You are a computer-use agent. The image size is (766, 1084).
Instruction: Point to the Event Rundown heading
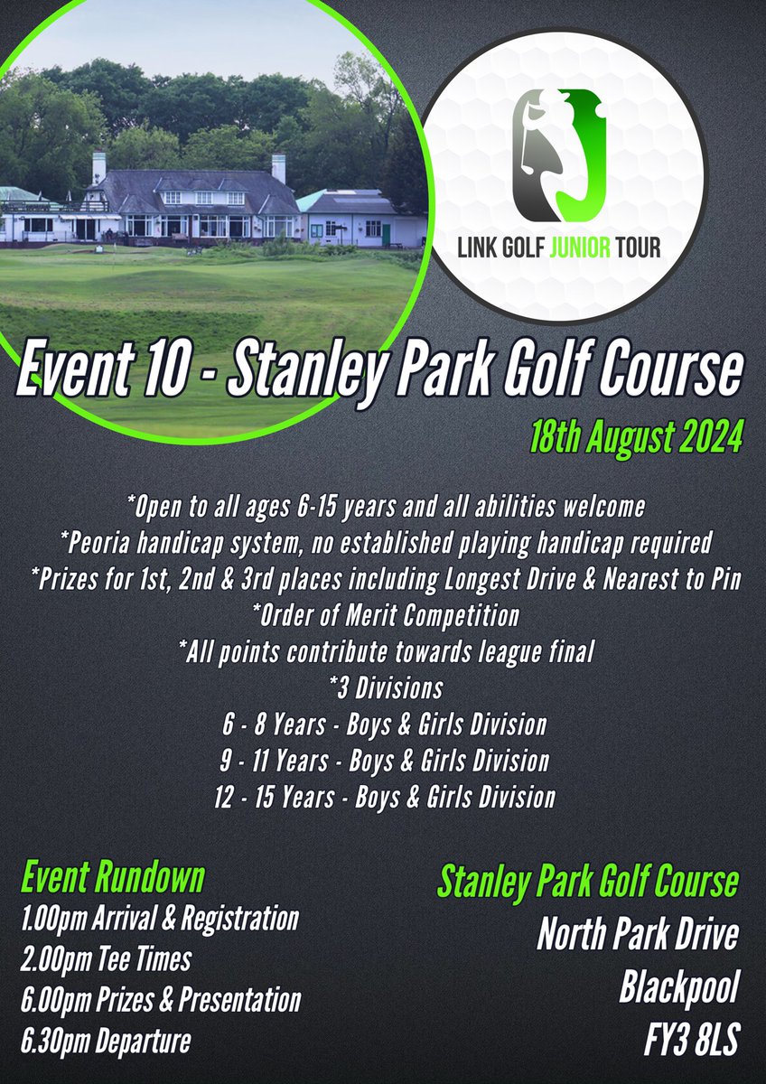112,877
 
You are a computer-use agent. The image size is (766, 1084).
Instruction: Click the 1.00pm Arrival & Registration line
159,920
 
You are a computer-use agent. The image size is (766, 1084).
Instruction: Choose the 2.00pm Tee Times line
105,959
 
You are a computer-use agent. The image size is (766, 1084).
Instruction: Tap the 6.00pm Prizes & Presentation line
160,1000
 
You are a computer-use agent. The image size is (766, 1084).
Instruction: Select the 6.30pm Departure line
105,1041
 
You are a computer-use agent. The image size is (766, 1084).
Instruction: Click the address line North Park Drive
637,935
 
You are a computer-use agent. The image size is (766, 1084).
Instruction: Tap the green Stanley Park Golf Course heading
588,882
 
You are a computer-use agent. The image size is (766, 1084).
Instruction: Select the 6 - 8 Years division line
384,724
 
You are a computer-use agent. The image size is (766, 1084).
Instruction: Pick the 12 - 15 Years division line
384,797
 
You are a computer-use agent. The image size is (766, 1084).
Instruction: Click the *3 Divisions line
384,688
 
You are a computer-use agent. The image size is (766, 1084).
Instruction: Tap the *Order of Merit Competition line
384,616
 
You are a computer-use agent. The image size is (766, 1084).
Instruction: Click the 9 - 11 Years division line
384,761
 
